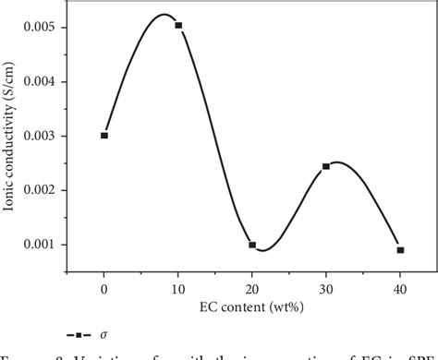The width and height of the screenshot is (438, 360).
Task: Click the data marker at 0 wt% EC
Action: click(104, 136)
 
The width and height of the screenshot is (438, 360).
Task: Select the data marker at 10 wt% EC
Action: click(178, 26)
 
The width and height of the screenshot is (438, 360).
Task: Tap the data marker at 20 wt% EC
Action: click(252, 245)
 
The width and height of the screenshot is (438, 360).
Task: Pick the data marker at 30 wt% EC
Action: click(326, 167)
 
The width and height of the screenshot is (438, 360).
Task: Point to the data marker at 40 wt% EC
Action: click(400, 250)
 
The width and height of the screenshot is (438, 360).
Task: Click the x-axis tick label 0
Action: click(104, 289)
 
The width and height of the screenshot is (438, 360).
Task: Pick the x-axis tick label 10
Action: click(178, 289)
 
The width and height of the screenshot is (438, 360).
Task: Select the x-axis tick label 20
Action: click(252, 289)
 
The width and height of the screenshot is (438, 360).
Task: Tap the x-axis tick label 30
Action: click(326, 289)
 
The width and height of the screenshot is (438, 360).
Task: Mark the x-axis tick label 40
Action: click(400, 289)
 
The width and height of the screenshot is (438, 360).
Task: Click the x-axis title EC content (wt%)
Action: click(251, 305)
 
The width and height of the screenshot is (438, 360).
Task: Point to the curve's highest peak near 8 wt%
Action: click(164, 15)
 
